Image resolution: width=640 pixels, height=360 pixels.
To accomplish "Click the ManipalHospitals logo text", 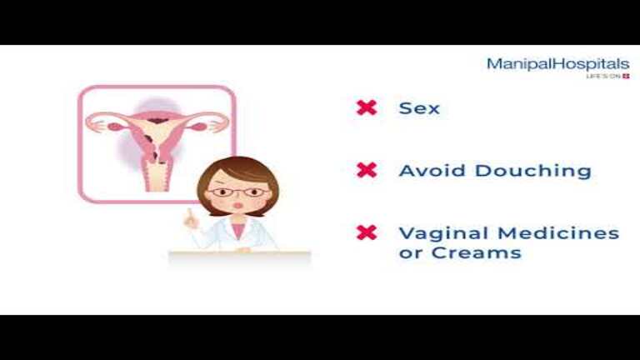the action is (x=558, y=64).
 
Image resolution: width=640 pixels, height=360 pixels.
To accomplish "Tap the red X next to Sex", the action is (x=367, y=107).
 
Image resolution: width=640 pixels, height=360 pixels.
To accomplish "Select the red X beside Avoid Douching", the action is (x=367, y=170).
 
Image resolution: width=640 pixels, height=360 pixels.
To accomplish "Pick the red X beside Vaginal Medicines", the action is (x=367, y=232).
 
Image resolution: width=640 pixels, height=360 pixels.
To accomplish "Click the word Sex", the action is (x=419, y=108).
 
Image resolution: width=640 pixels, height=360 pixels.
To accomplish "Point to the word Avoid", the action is (x=432, y=171).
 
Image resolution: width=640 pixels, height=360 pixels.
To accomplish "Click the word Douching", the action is (x=533, y=171).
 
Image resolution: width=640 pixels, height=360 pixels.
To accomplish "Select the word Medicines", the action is (x=558, y=233).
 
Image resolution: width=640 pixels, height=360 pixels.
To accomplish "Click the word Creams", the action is (x=477, y=252).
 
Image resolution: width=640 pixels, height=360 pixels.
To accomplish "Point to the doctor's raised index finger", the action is (x=189, y=213).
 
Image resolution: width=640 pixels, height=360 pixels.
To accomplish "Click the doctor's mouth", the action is (x=237, y=205).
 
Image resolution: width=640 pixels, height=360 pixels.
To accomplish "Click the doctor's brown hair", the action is (x=238, y=172).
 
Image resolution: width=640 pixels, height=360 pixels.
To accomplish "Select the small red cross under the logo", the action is (x=626, y=77).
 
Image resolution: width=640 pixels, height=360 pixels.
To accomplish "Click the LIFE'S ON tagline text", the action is (x=603, y=77).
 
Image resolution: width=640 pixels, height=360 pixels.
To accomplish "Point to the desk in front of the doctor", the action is (x=240, y=257).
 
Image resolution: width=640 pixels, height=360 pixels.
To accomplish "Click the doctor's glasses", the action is (x=239, y=192).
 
